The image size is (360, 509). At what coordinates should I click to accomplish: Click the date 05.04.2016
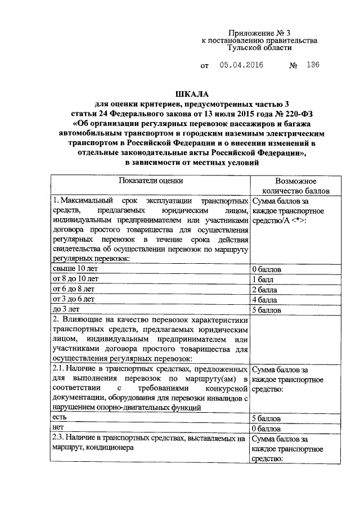[x=241, y=66]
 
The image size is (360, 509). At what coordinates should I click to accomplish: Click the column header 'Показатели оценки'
[x=150, y=181]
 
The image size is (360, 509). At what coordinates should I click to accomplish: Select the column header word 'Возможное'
[x=295, y=182]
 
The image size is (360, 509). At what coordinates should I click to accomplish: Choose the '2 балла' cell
[x=265, y=289]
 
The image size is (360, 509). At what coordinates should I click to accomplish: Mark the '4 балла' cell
[x=265, y=299]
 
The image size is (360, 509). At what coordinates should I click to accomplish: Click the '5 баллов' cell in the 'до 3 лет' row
[x=267, y=309]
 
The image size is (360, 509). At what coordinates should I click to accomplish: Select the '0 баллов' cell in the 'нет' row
[x=267, y=429]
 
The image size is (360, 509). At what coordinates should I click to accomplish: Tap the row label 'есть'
[x=60, y=418]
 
